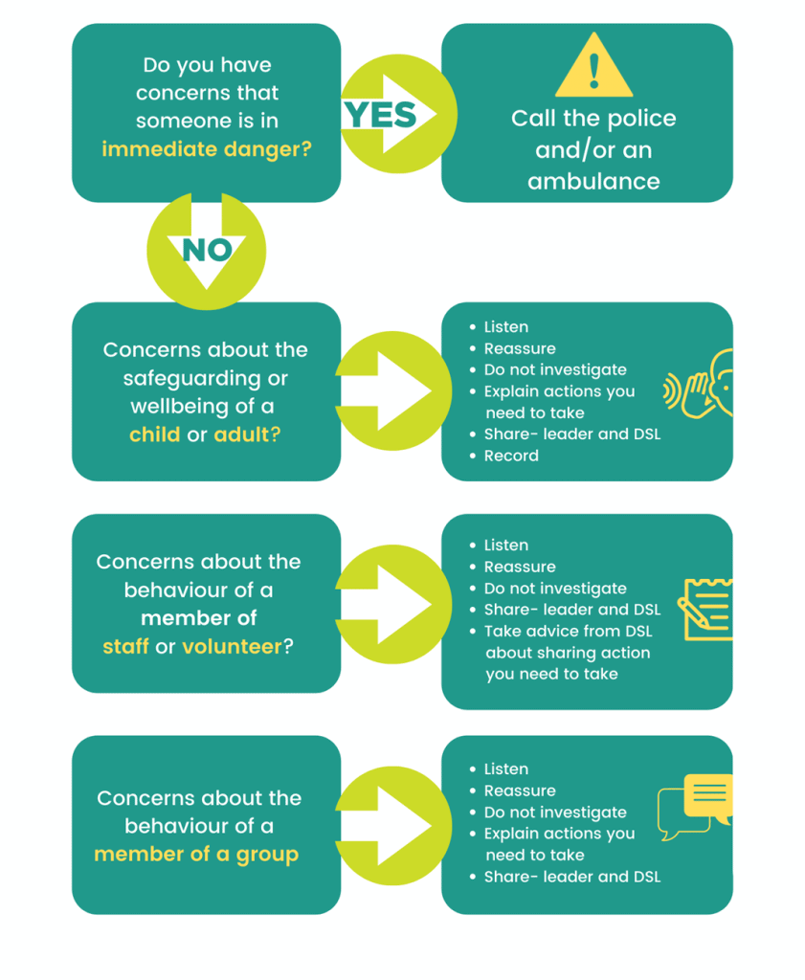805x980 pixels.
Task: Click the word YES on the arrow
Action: pos(380,115)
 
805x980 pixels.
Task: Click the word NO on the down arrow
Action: pos(207,250)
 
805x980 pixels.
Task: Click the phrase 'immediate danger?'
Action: pos(207,149)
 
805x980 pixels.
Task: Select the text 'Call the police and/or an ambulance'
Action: pos(593,149)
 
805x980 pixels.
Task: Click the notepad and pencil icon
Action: pos(706,609)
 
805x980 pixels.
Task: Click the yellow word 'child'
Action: pos(155,434)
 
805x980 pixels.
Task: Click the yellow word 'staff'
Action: pos(125,647)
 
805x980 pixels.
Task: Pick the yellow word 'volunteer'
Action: pos(233,647)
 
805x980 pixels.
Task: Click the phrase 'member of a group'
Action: pos(196,854)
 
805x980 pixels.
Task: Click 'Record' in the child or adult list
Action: pos(511,456)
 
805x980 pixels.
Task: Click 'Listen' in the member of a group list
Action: pos(505,769)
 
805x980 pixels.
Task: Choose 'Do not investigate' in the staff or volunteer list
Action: pos(555,589)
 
